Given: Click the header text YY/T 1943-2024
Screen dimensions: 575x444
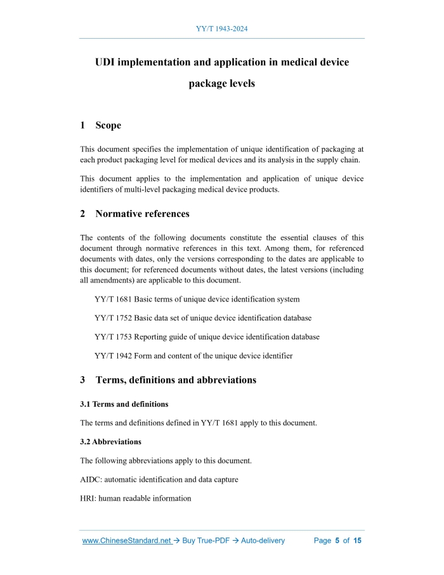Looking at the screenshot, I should pyautogui.click(x=221, y=29).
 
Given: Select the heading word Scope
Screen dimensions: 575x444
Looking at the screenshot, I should pyautogui.click(x=108, y=125).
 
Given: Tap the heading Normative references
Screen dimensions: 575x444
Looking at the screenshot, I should pyautogui.click(x=142, y=213).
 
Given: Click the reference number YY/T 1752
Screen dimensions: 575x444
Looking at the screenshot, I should pyautogui.click(x=113, y=318).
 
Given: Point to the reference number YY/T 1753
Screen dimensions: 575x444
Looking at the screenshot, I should pyautogui.click(x=113, y=337).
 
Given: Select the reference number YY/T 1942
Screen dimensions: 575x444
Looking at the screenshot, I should pyautogui.click(x=113, y=356).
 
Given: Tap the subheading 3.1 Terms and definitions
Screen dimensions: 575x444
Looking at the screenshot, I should pyautogui.click(x=124, y=404).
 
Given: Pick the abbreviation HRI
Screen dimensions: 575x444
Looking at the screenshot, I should pyautogui.click(x=88, y=498).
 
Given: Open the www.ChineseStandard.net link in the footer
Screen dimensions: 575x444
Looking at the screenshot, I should pyautogui.click(x=127, y=541).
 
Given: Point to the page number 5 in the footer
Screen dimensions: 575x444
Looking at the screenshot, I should pyautogui.click(x=337, y=541).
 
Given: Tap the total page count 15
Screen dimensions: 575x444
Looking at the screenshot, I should pyautogui.click(x=357, y=541).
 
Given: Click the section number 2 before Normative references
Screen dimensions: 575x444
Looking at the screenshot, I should pyautogui.click(x=83, y=213).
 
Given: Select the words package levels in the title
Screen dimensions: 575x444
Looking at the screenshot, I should pyautogui.click(x=221, y=83).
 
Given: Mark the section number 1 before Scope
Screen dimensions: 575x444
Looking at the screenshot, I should pyautogui.click(x=83, y=125).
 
